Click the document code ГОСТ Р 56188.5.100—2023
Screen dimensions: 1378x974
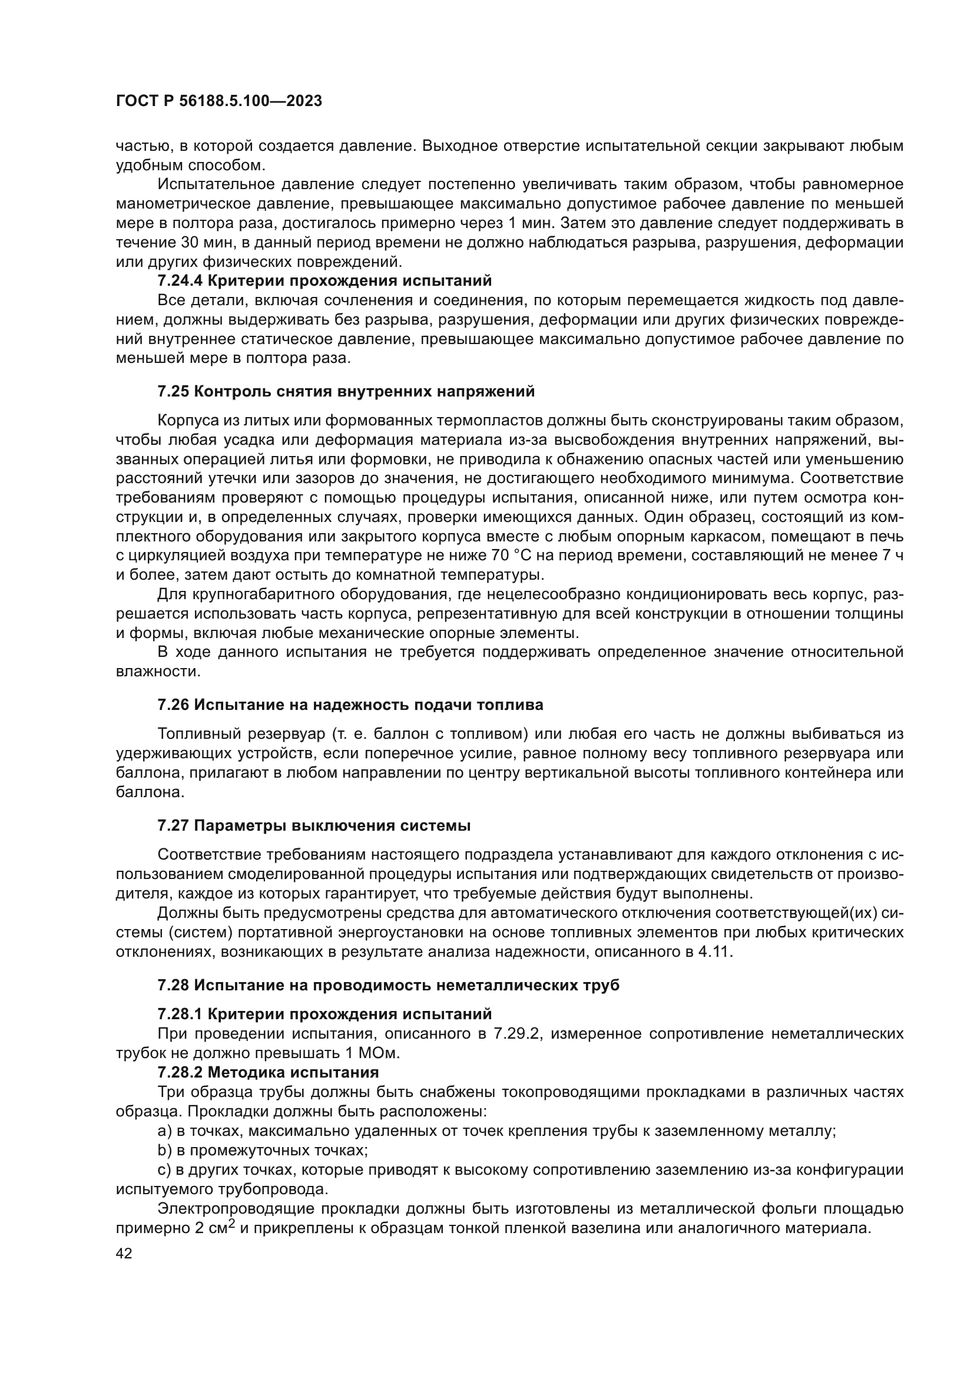(x=219, y=101)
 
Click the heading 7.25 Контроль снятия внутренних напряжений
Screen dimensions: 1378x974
(x=346, y=392)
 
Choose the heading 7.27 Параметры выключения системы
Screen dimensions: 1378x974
(x=314, y=826)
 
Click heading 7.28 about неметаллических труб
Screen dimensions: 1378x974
(x=388, y=986)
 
